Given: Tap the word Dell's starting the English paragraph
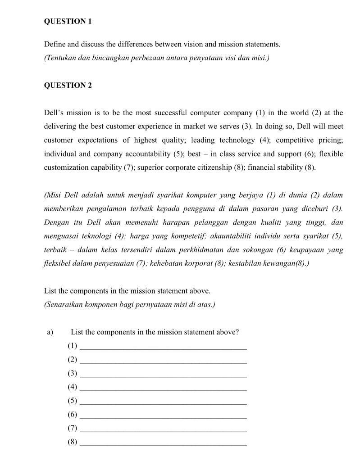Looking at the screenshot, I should coord(54,113).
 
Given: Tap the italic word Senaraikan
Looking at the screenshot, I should coord(63,305).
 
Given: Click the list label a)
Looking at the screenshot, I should coord(50,332).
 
